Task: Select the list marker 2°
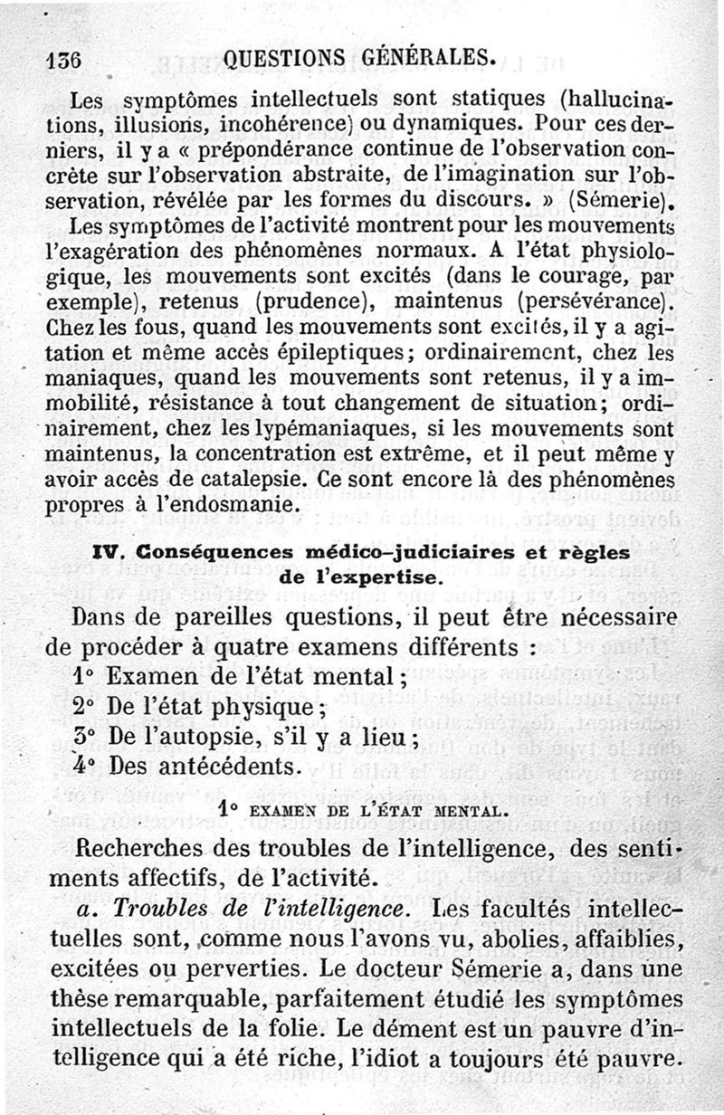tap(84, 706)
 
